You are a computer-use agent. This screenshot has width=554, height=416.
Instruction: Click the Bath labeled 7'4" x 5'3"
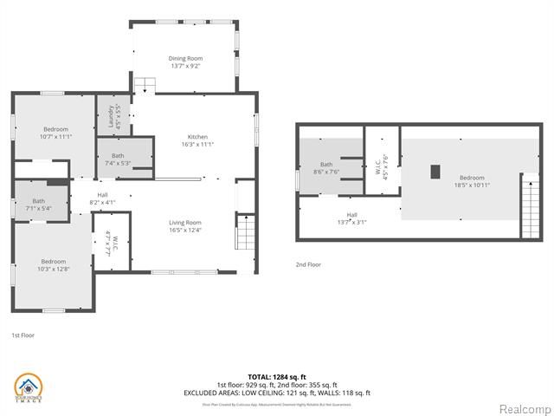[118, 159]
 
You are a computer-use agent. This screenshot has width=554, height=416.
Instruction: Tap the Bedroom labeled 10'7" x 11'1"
[55, 133]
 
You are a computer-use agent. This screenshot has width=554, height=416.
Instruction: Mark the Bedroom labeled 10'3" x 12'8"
[54, 264]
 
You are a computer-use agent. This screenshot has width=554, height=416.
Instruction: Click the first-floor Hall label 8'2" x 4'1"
[102, 198]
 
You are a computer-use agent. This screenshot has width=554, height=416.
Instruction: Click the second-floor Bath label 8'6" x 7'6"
[326, 168]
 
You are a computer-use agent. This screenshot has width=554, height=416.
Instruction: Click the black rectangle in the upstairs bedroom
[436, 171]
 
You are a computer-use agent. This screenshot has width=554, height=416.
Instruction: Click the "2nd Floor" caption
[308, 264]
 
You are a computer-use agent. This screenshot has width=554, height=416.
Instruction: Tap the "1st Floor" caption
[23, 335]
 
